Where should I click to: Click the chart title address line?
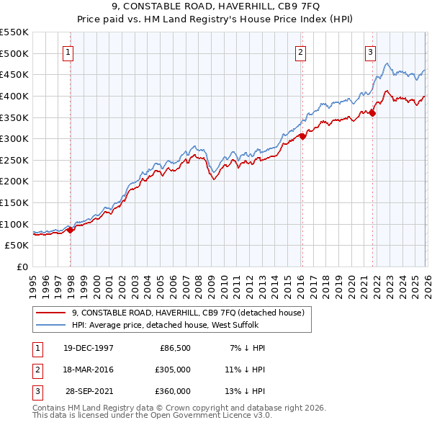pos(215,6)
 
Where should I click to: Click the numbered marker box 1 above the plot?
pos(68,51)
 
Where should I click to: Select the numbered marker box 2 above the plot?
pos(300,51)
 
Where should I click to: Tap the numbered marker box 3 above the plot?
pos(369,51)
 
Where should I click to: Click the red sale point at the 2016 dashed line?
pos(302,136)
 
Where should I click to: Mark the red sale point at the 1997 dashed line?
pos(71,230)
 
